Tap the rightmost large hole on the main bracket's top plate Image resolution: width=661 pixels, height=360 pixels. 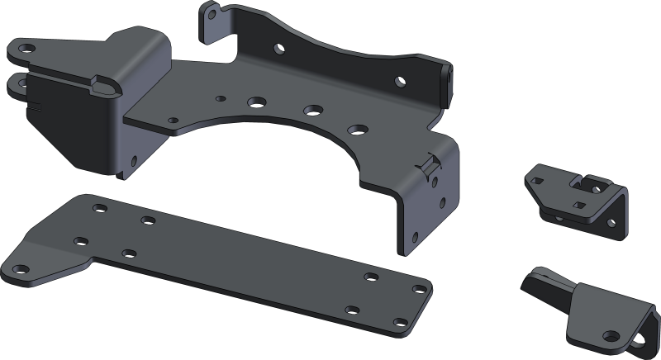tap(357, 128)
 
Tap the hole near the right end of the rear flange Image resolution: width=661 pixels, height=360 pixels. tap(401, 82)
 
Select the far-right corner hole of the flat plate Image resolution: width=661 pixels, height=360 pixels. tap(420, 289)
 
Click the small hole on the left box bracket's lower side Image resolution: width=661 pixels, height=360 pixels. tap(69, 149)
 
